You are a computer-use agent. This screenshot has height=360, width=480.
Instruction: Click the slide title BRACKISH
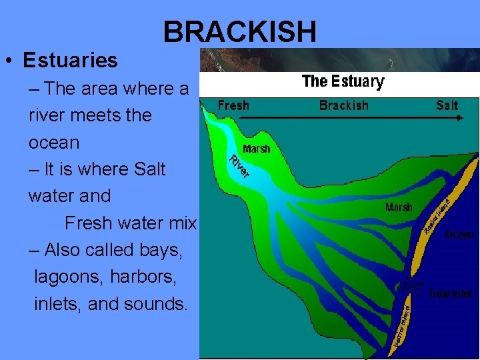[240, 31]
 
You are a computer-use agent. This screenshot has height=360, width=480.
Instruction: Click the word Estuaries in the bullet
[70, 61]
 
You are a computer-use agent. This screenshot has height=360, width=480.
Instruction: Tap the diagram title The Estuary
[343, 82]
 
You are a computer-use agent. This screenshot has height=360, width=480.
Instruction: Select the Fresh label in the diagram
[233, 105]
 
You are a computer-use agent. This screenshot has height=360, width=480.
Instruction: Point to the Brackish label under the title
[343, 105]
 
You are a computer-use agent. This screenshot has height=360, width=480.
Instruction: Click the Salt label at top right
[447, 105]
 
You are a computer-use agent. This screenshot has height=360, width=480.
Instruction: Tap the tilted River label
[239, 166]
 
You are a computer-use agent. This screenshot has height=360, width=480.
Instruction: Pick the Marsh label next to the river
[257, 148]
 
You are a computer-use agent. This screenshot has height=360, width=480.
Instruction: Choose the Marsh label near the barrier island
[399, 207]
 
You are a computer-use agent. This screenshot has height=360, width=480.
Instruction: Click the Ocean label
[459, 234]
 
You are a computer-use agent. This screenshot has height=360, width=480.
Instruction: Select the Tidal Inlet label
[451, 293]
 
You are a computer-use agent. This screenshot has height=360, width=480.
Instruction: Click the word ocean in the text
[54, 143]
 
